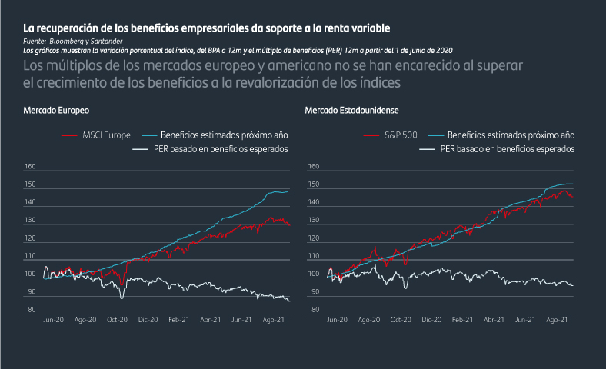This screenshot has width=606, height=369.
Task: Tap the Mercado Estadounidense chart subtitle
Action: tap(351, 111)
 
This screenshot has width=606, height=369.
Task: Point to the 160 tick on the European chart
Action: tap(30, 166)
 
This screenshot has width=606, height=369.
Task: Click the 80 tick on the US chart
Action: tap(314, 310)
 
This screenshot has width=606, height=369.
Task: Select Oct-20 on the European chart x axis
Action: tap(117, 319)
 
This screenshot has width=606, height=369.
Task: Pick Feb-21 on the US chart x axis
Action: tap(462, 319)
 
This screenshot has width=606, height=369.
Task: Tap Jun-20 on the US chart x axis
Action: tap(338, 319)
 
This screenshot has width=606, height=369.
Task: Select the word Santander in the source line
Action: tap(108, 41)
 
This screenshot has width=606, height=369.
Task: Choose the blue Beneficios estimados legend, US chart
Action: tap(511, 135)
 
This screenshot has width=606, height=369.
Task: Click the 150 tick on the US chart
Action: tap(314, 184)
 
